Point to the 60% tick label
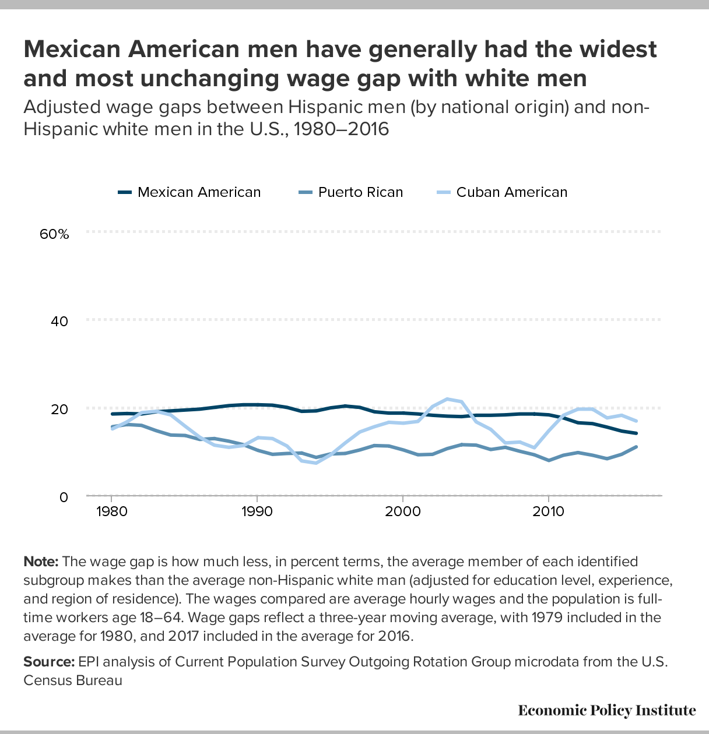click(54, 234)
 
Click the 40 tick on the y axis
click(60, 322)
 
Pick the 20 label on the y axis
click(60, 409)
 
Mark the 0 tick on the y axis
click(64, 497)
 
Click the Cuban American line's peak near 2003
click(447, 399)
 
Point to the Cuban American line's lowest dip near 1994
click(315, 463)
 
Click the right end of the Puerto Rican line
click(636, 447)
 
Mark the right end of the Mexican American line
click(636, 433)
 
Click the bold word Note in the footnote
click(41, 562)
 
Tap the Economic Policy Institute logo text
click(606, 710)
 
